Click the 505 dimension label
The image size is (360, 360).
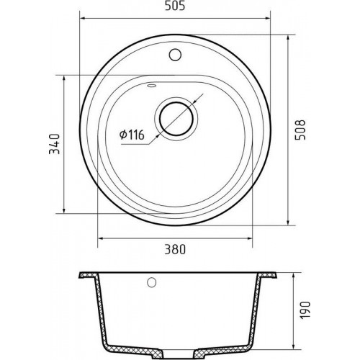coord(175,6)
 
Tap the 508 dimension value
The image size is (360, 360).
coord(300,130)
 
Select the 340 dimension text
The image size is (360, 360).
coord(54,144)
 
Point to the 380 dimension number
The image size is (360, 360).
coord(175,249)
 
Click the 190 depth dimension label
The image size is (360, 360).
coord(305,310)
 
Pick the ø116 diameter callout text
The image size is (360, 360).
coord(132,135)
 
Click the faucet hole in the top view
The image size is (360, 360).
coord(175,55)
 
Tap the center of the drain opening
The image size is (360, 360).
coord(176,119)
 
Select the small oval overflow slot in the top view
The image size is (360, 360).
coord(152,85)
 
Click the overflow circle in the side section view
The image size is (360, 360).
coord(152,282)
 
